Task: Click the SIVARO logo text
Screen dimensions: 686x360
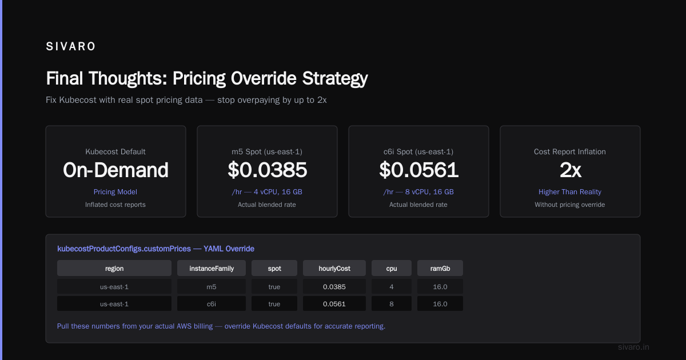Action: click(70, 46)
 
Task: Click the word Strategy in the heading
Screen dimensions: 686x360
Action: click(335, 79)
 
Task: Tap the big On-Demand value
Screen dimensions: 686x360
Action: click(115, 170)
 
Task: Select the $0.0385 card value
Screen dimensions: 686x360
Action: click(267, 170)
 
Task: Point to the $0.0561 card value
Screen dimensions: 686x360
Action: click(418, 170)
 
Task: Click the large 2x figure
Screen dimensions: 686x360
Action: click(570, 170)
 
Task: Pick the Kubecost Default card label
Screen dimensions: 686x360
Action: click(115, 151)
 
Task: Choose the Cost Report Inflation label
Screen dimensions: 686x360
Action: click(570, 151)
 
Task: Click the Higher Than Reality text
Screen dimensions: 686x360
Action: click(570, 192)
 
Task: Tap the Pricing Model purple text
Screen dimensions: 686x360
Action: click(115, 192)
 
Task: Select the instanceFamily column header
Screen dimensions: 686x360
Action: click(212, 269)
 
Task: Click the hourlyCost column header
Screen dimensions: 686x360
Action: click(334, 269)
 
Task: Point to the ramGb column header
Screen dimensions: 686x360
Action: click(440, 269)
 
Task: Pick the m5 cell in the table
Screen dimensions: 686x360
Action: click(212, 287)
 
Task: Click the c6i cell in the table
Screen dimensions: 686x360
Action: click(212, 304)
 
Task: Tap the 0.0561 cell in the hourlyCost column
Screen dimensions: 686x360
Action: click(334, 304)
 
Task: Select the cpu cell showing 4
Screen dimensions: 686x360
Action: click(392, 287)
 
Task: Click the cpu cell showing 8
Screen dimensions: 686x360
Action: click(392, 304)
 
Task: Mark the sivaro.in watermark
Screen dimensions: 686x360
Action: click(633, 347)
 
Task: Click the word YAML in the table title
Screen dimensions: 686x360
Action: click(213, 249)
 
